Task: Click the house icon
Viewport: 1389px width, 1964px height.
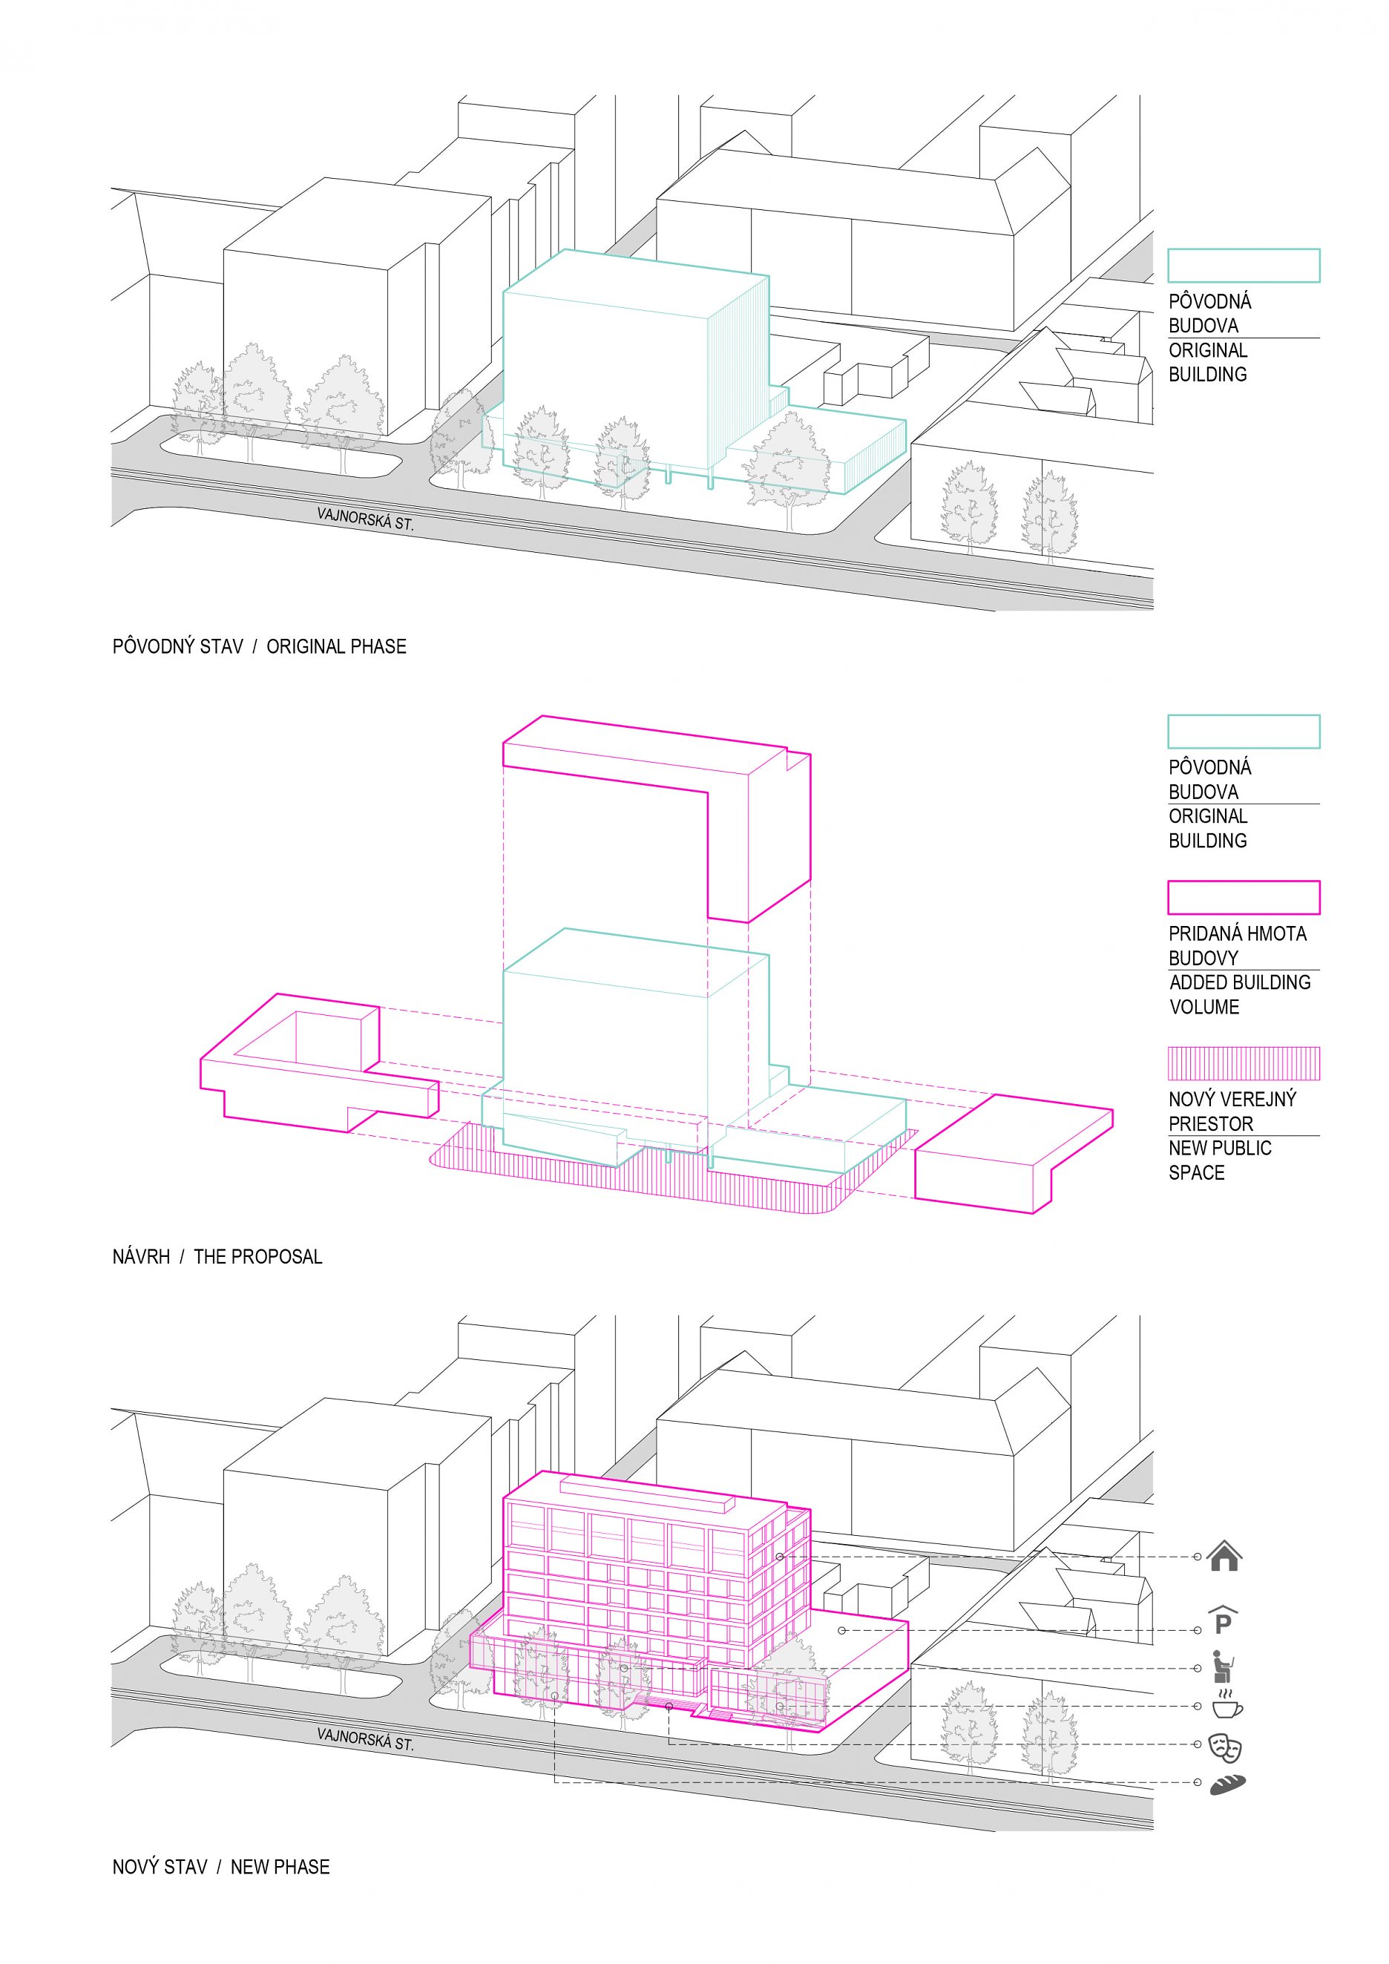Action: click(1224, 1556)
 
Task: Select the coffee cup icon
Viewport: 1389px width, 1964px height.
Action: click(1227, 1705)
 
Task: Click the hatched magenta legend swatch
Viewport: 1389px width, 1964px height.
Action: click(1244, 1063)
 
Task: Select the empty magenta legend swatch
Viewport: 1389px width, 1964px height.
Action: click(1244, 897)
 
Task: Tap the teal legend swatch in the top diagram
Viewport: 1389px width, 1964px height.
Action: click(1244, 265)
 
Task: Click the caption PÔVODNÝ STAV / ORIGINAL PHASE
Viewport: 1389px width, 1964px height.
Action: click(259, 647)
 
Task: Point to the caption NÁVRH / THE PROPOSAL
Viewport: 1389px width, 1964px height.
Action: click(217, 1257)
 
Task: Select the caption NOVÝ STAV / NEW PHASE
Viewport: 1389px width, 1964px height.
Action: click(220, 1867)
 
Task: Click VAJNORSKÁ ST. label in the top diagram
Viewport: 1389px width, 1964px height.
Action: click(365, 519)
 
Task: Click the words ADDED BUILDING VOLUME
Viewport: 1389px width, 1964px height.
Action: click(1239, 995)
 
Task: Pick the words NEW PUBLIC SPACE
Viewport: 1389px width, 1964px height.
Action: click(1221, 1160)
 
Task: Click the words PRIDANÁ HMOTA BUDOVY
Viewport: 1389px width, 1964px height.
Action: click(1238, 945)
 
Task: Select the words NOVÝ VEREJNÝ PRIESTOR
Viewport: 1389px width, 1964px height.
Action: click(1232, 1111)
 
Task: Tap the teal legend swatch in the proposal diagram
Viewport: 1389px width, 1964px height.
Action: click(1244, 732)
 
